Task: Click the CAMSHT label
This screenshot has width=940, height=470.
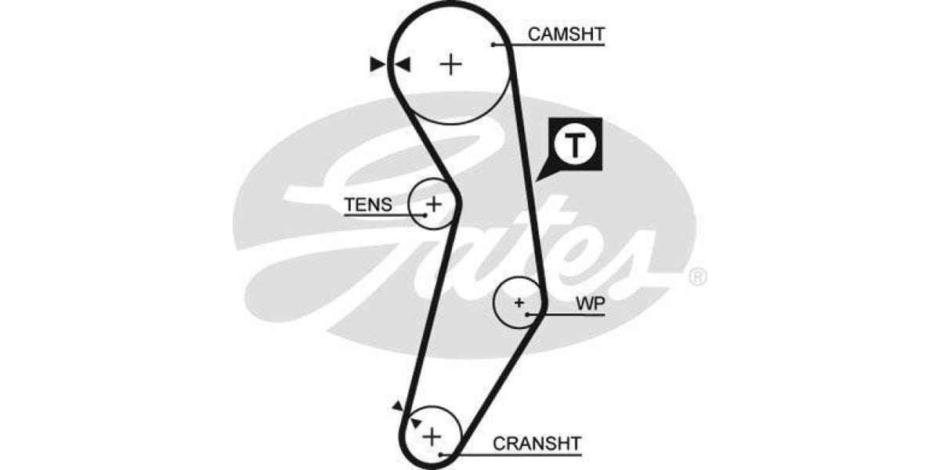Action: click(566, 34)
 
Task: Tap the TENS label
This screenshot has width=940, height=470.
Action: click(367, 204)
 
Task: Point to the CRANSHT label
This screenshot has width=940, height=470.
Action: click(537, 443)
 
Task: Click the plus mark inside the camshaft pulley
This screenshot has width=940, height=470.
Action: click(450, 63)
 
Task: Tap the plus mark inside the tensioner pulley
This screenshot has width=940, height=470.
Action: click(434, 204)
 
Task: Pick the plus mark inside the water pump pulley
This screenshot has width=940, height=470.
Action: click(519, 302)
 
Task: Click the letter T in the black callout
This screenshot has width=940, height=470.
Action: click(575, 144)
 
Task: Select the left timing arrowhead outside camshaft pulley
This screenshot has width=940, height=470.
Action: click(378, 64)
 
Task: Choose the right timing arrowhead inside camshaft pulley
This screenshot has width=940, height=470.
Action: click(403, 64)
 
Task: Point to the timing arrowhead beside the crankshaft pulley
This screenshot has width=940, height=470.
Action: click(398, 405)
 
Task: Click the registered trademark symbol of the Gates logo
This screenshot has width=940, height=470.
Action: click(696, 277)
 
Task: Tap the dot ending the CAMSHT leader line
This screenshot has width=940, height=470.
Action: click(493, 44)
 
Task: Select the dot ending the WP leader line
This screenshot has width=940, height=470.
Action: click(530, 314)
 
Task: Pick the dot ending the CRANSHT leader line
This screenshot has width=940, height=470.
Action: click(442, 454)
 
